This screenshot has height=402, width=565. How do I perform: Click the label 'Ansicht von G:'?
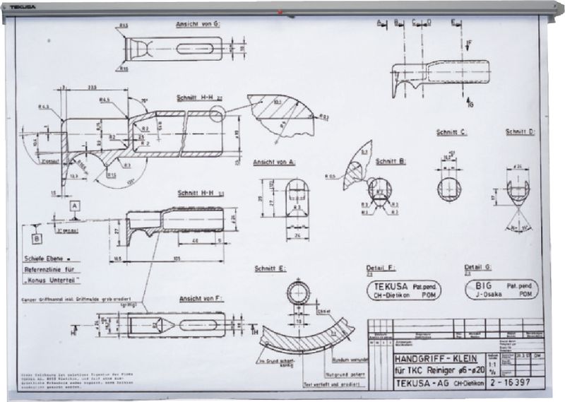pyautogui.click(x=198, y=24)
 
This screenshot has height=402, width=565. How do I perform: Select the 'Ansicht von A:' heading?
pyautogui.click(x=274, y=162)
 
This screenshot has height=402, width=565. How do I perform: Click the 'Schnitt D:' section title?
pyautogui.click(x=521, y=133)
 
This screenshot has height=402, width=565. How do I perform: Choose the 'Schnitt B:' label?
pyautogui.click(x=391, y=161)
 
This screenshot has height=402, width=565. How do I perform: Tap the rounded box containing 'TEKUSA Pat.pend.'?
pyautogui.click(x=401, y=290)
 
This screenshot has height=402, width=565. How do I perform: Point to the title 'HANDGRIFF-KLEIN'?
pyautogui.click(x=435, y=359)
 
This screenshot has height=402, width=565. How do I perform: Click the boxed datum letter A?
pyautogui.click(x=74, y=206)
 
